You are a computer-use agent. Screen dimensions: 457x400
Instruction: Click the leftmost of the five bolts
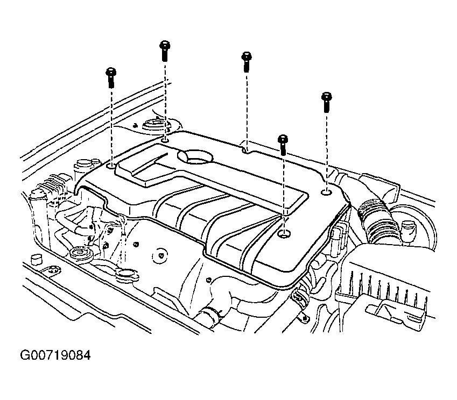[111, 77]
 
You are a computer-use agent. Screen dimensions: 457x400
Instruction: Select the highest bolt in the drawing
[165, 51]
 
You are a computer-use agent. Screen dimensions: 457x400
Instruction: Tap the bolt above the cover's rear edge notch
[247, 62]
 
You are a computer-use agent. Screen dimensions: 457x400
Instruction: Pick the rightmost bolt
[326, 102]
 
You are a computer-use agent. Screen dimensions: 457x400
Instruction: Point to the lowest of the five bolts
[283, 145]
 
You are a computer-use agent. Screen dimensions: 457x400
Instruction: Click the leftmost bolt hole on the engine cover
[111, 166]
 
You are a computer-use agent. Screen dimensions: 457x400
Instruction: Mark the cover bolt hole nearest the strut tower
[165, 140]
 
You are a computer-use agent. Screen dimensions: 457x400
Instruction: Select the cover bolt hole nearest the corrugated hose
[326, 192]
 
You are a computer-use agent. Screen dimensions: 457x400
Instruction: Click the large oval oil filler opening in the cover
[196, 156]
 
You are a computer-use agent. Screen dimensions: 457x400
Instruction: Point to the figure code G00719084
[55, 355]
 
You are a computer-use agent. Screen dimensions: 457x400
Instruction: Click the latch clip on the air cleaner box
[393, 311]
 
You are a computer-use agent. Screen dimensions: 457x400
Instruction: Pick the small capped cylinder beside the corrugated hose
[408, 228]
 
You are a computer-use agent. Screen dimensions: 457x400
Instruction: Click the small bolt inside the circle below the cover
[160, 256]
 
